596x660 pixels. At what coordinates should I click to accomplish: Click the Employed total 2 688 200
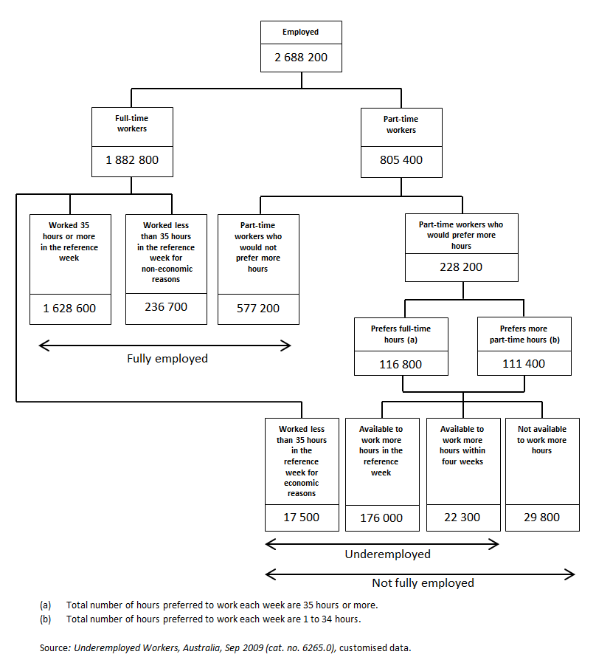(301, 57)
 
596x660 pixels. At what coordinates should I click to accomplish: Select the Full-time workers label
(131, 123)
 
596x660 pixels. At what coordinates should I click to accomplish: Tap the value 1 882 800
(131, 160)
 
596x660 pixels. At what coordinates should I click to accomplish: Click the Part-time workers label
(401, 124)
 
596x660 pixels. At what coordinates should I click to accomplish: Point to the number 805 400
(401, 160)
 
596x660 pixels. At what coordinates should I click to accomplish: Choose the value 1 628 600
(70, 309)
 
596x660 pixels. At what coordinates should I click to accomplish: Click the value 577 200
(258, 309)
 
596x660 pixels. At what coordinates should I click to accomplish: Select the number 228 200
(461, 267)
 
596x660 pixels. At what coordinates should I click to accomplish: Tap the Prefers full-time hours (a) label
(401, 334)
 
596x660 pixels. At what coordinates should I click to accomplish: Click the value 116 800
(401, 364)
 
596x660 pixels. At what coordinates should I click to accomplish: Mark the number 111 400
(523, 364)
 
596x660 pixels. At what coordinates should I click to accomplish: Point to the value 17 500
(301, 518)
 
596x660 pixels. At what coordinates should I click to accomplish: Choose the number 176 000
(381, 518)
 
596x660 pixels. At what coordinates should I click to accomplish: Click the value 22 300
(462, 518)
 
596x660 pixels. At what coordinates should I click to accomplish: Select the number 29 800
(541, 518)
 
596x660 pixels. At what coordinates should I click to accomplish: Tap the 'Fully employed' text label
(167, 359)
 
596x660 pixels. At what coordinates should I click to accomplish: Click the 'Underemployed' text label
(387, 554)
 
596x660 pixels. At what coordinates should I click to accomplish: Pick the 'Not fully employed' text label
(423, 583)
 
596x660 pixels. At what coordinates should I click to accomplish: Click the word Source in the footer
(54, 647)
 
